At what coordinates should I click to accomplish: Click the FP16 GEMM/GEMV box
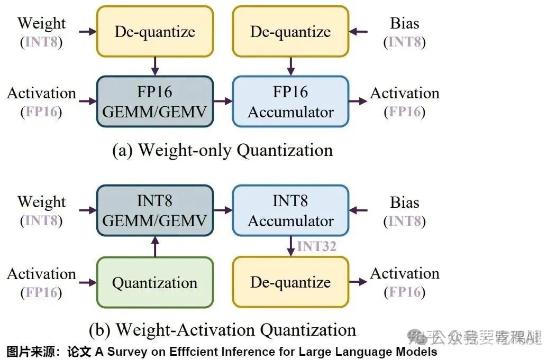[x=154, y=101]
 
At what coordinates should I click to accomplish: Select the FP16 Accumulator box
[x=290, y=101]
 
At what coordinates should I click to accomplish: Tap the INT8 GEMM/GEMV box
[x=154, y=210]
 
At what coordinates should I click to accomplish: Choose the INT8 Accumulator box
[x=290, y=210]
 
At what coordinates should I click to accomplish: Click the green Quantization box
[x=154, y=282]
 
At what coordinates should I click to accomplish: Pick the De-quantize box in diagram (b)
[x=290, y=282]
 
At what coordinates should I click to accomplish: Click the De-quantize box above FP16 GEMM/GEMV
[x=154, y=31]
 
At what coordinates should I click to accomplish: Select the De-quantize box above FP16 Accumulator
[x=290, y=31]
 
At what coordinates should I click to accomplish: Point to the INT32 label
[x=316, y=246]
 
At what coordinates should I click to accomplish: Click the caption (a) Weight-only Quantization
[x=223, y=150]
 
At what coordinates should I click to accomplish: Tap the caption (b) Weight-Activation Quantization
[x=222, y=330]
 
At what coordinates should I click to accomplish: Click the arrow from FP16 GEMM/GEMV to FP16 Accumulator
[x=223, y=101]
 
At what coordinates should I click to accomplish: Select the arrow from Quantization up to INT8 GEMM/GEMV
[x=154, y=246]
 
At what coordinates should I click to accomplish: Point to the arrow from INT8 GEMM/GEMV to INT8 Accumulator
[x=223, y=210]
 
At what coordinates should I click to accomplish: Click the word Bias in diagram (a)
[x=404, y=23]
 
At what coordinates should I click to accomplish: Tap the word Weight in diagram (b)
[x=42, y=202]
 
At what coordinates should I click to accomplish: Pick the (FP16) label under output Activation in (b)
[x=404, y=292]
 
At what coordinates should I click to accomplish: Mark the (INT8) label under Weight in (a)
[x=41, y=42]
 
